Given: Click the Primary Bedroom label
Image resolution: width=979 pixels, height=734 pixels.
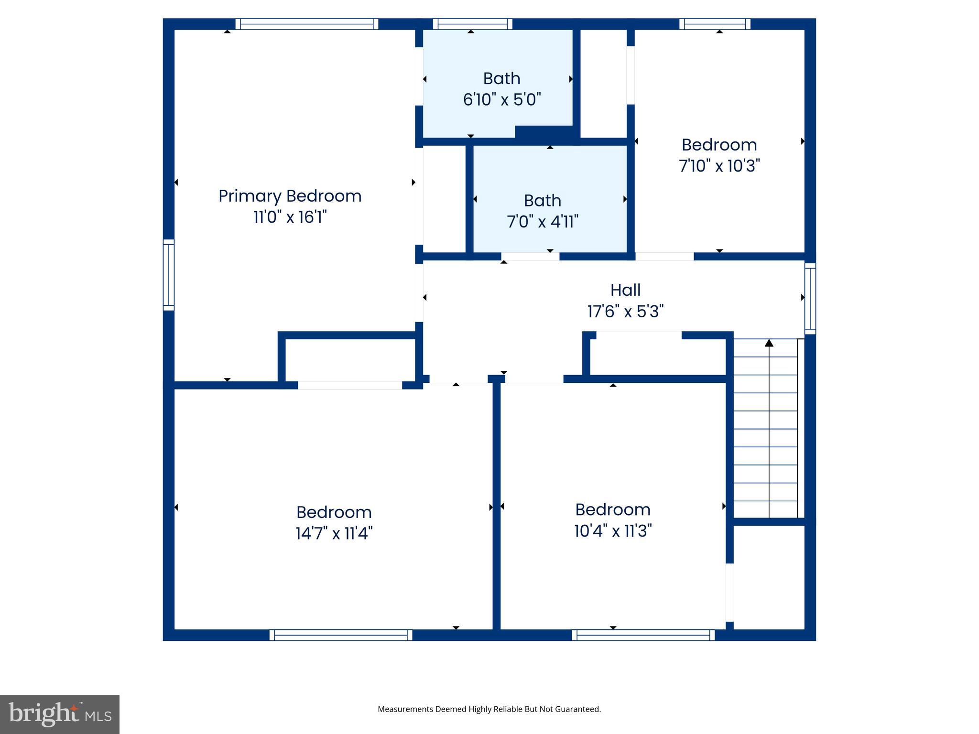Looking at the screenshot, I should (290, 196).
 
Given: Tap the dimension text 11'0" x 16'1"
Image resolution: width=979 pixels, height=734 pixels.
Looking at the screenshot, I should (290, 217).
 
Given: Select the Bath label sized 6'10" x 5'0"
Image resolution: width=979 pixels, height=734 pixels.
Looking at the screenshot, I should (501, 78).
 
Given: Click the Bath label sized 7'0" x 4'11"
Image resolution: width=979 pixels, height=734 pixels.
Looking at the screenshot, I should (542, 201).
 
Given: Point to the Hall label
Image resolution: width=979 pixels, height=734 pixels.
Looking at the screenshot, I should (625, 290).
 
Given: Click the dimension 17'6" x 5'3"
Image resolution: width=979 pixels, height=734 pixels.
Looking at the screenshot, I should (625, 312).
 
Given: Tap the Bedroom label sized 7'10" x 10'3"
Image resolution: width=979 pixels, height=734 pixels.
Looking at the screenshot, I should (719, 145).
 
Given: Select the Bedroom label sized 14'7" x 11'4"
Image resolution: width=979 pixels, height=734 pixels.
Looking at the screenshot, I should (334, 512).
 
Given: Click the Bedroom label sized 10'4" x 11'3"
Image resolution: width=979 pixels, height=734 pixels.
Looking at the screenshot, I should (612, 509).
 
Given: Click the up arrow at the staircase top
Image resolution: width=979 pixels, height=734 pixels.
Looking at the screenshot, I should (769, 343).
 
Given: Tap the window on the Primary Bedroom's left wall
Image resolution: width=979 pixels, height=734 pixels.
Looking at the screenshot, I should (168, 275).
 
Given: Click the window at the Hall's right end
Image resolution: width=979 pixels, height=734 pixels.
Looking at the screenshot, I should (810, 298).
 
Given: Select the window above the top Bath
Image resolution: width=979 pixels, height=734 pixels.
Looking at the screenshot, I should (472, 24).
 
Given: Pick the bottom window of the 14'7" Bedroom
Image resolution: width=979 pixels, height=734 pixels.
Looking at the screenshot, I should (340, 635).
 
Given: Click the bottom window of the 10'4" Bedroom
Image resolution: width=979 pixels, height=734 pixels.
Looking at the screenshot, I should (643, 635).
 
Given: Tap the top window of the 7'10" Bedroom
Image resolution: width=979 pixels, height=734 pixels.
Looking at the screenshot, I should (715, 24).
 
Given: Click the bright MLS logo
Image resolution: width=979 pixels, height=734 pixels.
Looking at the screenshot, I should (60, 714).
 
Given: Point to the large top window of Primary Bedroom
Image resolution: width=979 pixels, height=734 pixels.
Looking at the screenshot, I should (306, 24).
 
